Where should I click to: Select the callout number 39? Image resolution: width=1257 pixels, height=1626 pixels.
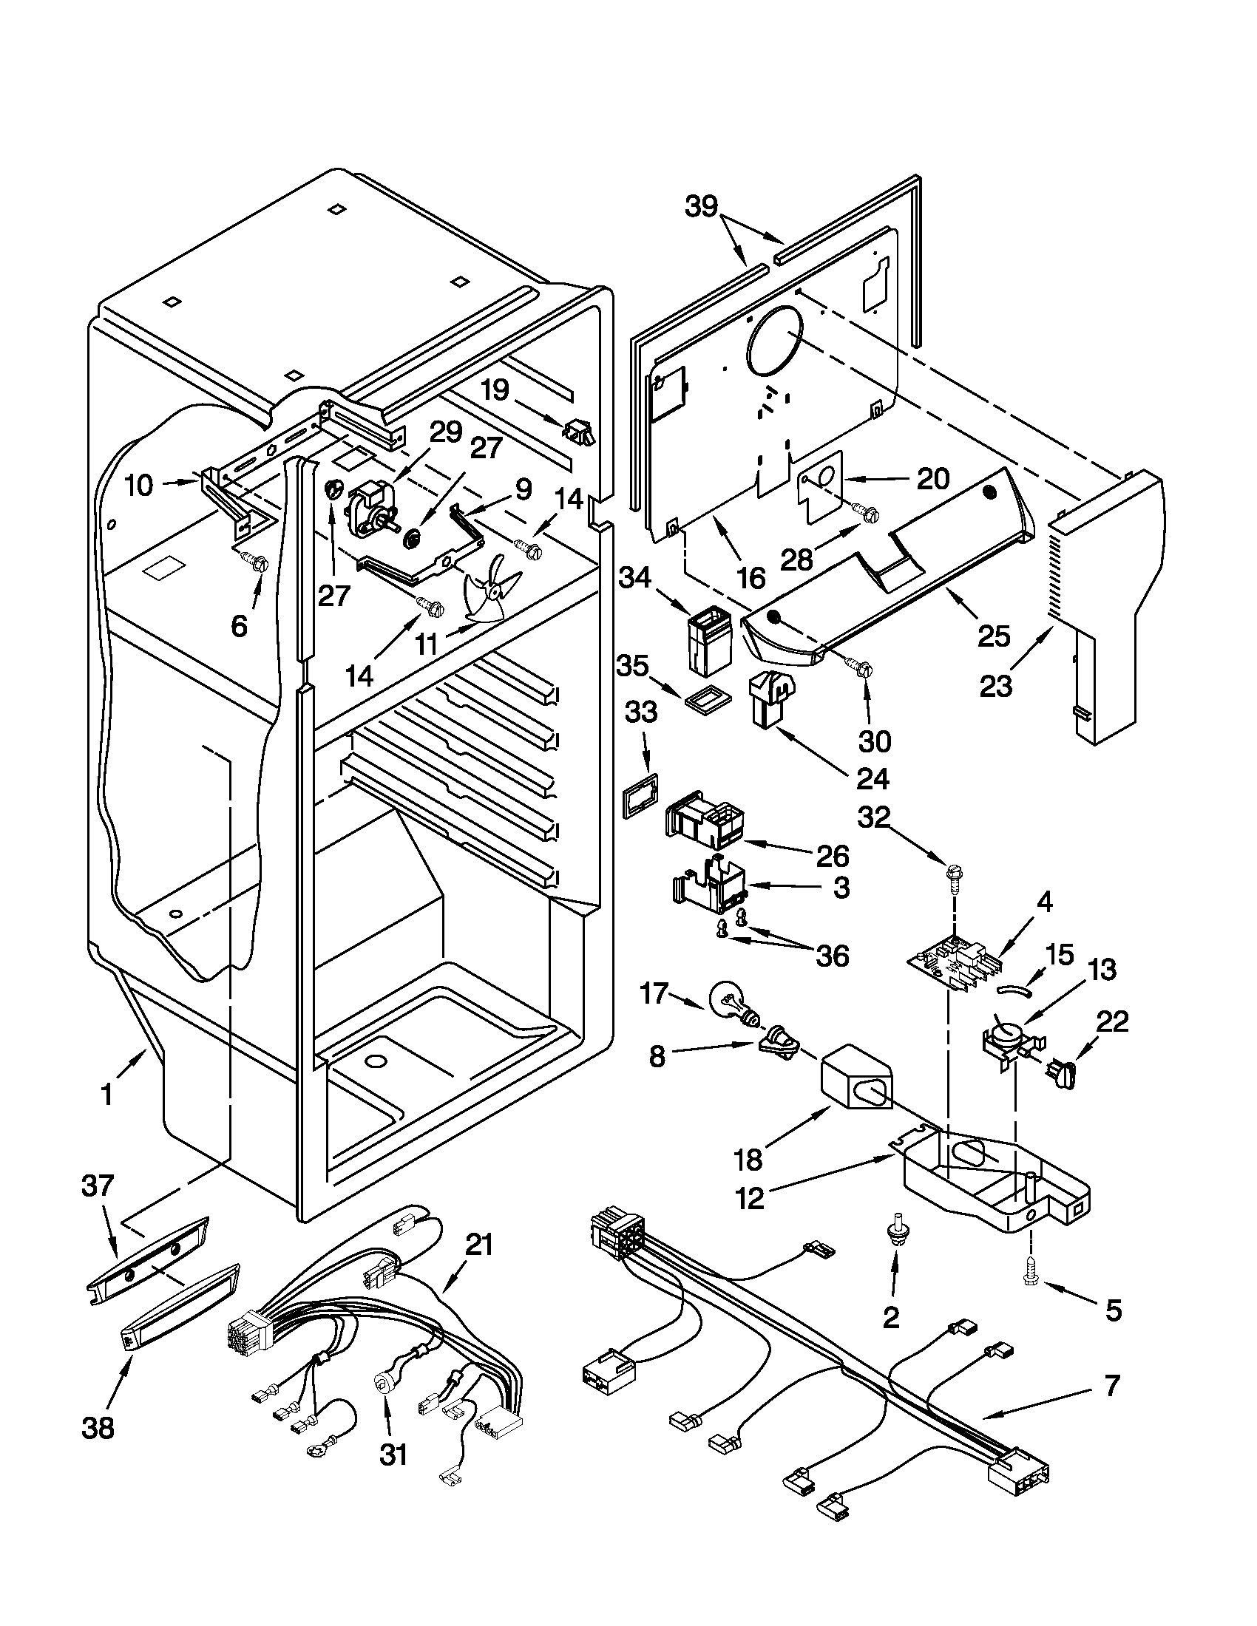pyautogui.click(x=702, y=207)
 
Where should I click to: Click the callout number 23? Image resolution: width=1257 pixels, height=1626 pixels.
pyautogui.click(x=997, y=686)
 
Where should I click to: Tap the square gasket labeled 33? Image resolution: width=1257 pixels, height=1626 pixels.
pyautogui.click(x=640, y=795)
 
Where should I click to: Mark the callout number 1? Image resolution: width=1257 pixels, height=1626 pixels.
pyautogui.click(x=107, y=1095)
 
